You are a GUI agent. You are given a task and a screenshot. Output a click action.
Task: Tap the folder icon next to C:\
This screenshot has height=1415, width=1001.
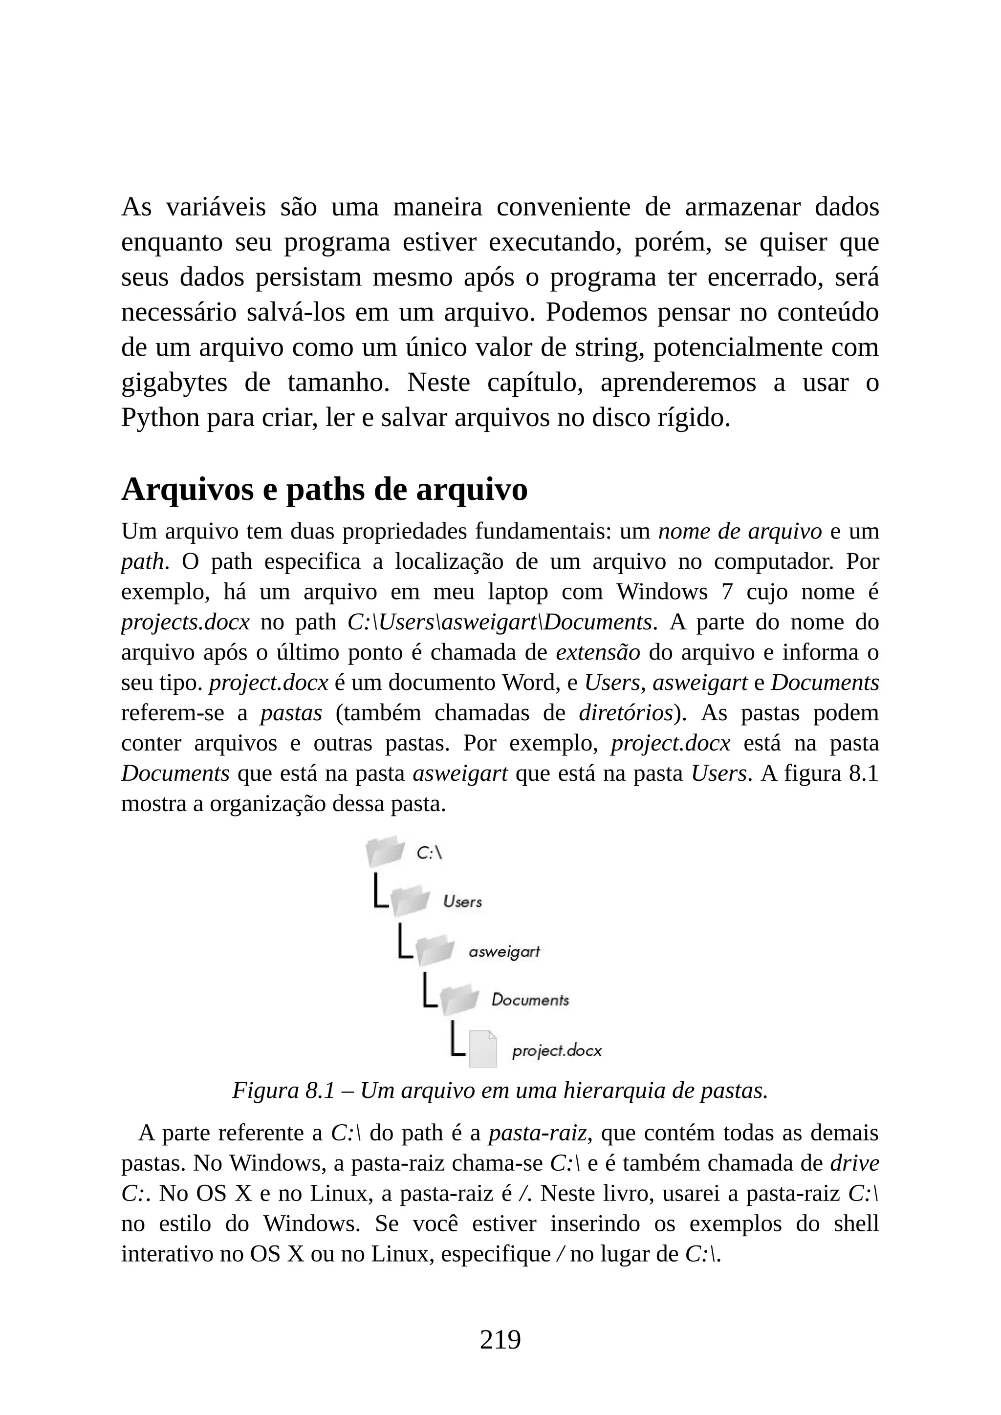(x=385, y=852)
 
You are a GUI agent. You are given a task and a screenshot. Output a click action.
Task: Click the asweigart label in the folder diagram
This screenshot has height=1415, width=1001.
(x=503, y=951)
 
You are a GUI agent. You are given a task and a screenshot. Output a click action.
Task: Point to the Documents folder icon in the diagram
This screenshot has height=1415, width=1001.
(x=460, y=1000)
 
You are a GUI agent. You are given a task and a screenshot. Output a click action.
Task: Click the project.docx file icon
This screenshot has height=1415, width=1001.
(x=482, y=1049)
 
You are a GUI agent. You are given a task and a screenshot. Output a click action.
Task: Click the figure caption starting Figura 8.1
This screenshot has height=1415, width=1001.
(x=500, y=1091)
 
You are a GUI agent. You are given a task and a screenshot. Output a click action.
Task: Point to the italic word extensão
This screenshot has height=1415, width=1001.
(x=598, y=652)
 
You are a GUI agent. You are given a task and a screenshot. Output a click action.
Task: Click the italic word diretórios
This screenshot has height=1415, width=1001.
(x=625, y=712)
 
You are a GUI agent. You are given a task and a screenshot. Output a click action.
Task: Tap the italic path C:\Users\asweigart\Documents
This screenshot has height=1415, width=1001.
(x=499, y=622)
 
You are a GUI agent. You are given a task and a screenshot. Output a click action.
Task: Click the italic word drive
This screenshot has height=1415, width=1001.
(x=854, y=1163)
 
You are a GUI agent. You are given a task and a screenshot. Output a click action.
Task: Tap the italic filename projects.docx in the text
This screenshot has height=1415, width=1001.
(x=185, y=622)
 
